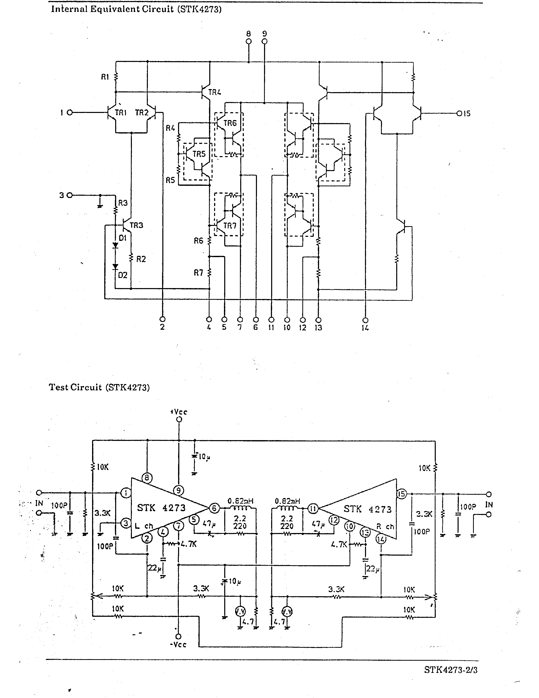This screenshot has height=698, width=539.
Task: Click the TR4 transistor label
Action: [x=215, y=92]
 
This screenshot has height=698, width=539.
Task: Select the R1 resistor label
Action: [x=105, y=77]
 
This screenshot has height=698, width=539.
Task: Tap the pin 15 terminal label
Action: [x=466, y=113]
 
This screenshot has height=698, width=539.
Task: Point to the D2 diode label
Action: [x=123, y=275]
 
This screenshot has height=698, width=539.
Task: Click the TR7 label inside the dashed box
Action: [x=230, y=226]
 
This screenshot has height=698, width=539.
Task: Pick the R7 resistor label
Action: [x=198, y=273]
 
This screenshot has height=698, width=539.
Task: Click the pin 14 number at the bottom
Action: [x=365, y=328]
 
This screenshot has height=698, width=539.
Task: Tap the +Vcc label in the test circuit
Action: [x=179, y=412]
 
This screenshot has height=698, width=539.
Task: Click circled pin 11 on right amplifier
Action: [x=313, y=508]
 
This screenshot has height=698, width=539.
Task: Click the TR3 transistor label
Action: [x=136, y=225]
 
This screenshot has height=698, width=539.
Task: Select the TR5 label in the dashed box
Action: [x=199, y=154]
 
